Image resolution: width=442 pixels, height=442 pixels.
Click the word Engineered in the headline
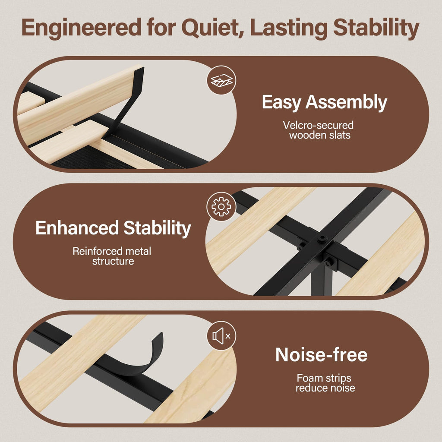coord(82,28)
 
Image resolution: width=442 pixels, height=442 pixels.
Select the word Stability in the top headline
coord(376,28)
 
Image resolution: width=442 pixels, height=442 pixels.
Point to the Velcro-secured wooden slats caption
coord(319,130)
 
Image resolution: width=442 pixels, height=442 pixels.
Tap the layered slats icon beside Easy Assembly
coord(221,80)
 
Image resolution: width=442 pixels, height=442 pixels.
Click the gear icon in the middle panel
coord(221,207)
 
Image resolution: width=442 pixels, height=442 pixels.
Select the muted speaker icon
coord(221,336)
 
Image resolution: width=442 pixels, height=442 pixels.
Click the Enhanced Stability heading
coord(114,228)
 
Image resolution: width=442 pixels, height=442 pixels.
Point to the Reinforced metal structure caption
coord(112,256)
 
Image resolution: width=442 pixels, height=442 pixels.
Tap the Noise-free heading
coord(321,354)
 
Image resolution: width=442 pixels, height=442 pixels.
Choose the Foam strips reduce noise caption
coord(325,383)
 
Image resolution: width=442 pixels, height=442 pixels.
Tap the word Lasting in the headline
coord(289,28)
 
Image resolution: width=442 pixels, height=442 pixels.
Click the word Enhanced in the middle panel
coord(77,228)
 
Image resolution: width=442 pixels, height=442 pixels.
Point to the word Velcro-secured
coord(319,125)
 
